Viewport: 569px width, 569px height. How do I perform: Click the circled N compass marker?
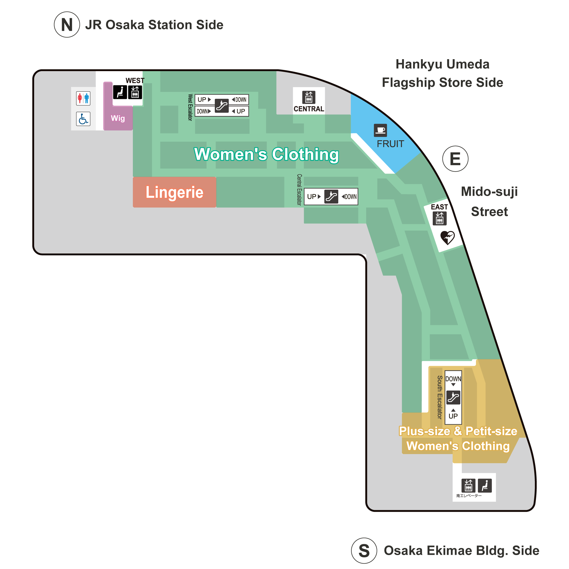click(67, 24)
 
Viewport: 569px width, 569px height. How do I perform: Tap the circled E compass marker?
click(455, 159)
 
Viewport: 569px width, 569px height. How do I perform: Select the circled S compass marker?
click(364, 551)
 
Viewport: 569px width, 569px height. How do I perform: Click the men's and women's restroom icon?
click(83, 98)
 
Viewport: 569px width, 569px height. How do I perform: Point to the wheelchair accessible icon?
click(83, 119)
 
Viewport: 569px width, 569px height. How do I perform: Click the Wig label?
click(118, 118)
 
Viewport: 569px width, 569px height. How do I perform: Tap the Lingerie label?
click(174, 192)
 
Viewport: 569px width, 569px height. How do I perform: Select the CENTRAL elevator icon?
click(309, 97)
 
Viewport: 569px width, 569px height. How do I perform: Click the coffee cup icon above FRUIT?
click(380, 130)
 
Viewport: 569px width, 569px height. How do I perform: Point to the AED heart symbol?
click(447, 237)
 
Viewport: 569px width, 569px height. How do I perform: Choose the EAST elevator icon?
click(440, 218)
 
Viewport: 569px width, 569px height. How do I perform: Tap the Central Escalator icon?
click(331, 196)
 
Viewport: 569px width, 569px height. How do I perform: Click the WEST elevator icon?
click(135, 92)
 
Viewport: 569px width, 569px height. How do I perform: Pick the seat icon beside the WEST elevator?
click(120, 92)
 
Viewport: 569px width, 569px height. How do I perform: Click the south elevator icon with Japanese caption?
click(468, 485)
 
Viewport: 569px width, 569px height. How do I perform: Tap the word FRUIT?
click(390, 144)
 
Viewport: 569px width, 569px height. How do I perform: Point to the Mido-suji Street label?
click(489, 201)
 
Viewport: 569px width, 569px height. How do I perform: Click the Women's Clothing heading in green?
click(267, 154)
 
